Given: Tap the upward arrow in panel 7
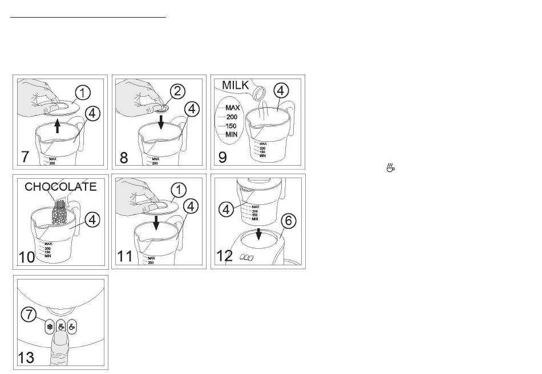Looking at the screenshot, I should pos(58,125).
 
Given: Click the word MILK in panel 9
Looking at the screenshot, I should pos(235,85).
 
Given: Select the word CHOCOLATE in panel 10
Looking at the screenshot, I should pos(60,186).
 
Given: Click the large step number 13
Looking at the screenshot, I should pos(26,358).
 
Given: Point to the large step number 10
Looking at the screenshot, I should pos(28,257).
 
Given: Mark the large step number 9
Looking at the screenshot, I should pos(222,157).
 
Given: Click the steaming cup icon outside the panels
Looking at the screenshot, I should pos(391,167).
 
